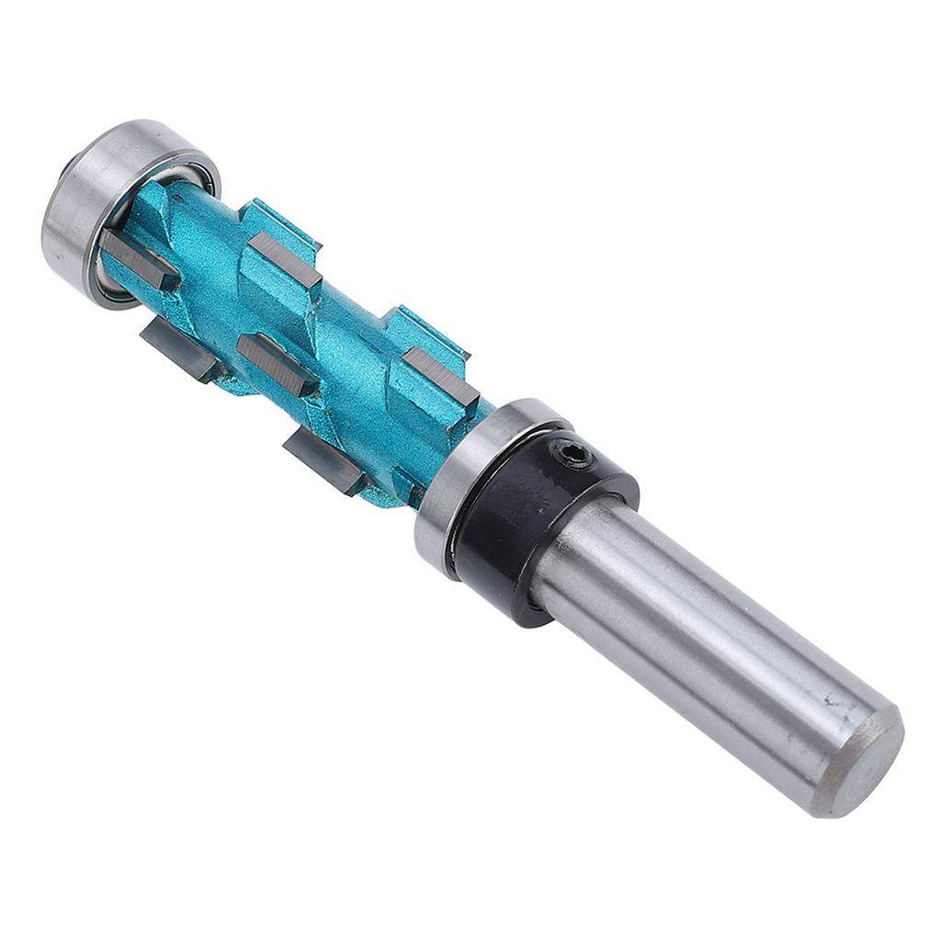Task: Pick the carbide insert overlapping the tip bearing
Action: coord(138,257)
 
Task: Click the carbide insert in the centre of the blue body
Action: coord(277,357)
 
